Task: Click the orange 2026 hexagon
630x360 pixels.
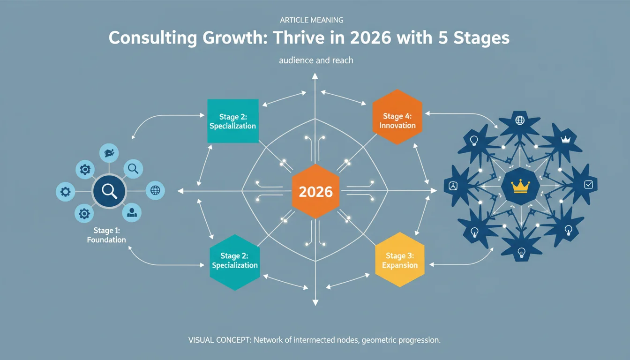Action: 315,191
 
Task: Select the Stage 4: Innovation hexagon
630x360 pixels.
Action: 397,117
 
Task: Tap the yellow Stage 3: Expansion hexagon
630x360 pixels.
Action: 400,260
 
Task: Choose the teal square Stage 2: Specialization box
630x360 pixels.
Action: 233,121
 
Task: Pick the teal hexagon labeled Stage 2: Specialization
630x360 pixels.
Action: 235,262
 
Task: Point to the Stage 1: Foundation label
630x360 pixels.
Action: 106,235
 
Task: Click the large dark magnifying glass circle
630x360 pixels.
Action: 109,191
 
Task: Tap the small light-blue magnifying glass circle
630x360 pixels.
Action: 133,169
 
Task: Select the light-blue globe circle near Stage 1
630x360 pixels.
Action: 155,190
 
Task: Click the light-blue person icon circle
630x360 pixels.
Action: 132,213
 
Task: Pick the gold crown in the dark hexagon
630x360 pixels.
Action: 520,186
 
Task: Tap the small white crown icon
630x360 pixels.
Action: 565,140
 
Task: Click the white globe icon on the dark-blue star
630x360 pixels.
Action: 520,120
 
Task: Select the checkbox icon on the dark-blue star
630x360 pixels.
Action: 589,185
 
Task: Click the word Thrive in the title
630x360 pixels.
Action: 299,37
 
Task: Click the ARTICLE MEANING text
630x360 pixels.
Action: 312,20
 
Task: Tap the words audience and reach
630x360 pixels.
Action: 316,60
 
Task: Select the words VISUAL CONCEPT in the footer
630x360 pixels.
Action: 219,340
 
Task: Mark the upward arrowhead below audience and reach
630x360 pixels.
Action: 315,76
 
